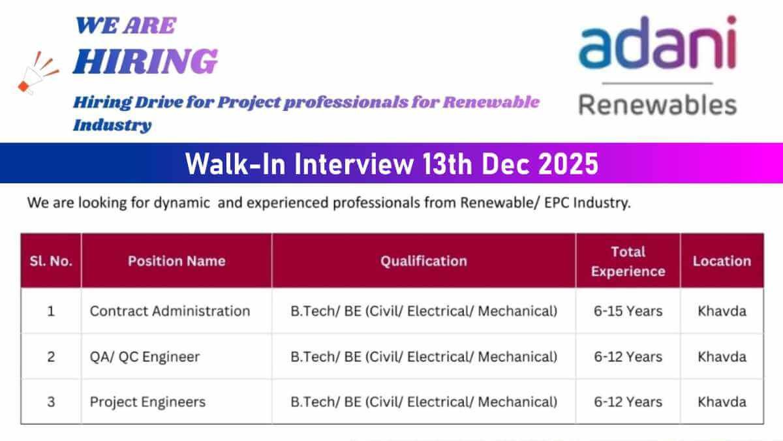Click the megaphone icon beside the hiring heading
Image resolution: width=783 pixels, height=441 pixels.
pyautogui.click(x=38, y=73)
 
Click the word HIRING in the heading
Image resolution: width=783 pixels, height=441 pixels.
pyautogui.click(x=146, y=61)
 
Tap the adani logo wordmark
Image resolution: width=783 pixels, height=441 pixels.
pyautogui.click(x=658, y=42)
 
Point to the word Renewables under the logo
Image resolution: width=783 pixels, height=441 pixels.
pyautogui.click(x=658, y=105)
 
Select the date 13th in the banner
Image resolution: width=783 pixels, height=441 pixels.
pyautogui.click(x=447, y=164)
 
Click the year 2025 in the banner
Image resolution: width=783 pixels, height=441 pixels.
pyautogui.click(x=568, y=164)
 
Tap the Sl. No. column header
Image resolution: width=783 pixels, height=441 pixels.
pyautogui.click(x=51, y=261)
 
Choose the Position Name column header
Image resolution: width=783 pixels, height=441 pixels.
pyautogui.click(x=177, y=261)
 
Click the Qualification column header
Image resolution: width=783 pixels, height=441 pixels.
pyautogui.click(x=423, y=261)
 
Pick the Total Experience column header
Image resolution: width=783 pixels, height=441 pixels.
pyautogui.click(x=628, y=262)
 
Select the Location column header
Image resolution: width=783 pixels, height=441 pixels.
pyautogui.click(x=722, y=261)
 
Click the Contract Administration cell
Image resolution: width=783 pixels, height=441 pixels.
pyautogui.click(x=170, y=311)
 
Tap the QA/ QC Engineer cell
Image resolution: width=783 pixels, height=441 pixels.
pyautogui.click(x=145, y=357)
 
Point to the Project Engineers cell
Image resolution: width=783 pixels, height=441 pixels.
pyautogui.click(x=147, y=403)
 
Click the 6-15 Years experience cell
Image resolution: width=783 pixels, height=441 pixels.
pyautogui.click(x=628, y=311)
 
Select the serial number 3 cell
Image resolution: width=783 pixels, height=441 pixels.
pyautogui.click(x=51, y=403)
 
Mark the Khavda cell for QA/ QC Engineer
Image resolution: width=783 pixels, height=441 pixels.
pyautogui.click(x=722, y=357)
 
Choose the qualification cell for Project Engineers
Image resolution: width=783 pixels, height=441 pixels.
pyautogui.click(x=423, y=403)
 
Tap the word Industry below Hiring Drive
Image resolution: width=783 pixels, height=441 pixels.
pyautogui.click(x=112, y=125)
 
